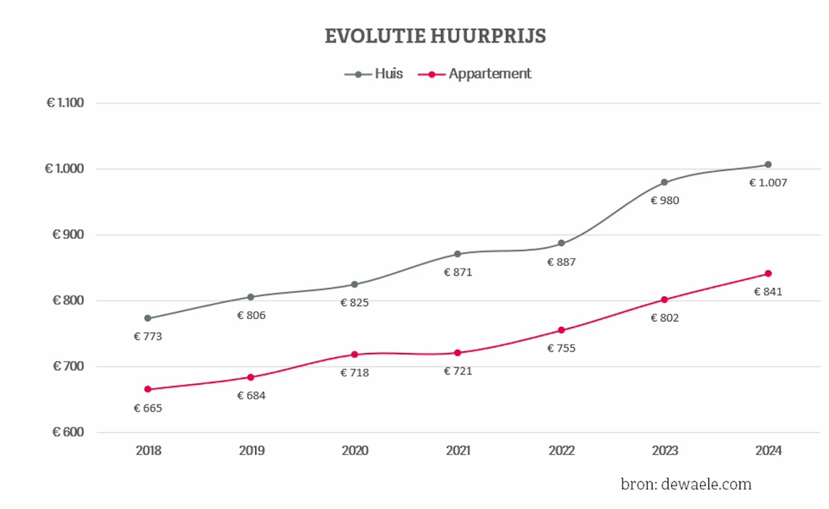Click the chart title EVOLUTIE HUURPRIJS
[435, 36]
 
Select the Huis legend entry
[374, 74]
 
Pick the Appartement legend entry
[475, 74]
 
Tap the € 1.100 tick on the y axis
[65, 103]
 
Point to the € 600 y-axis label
[68, 432]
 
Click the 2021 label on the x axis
[458, 450]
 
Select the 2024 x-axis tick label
[768, 450]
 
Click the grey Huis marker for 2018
[148, 318]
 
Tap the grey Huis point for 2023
[664, 183]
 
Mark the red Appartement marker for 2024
[768, 274]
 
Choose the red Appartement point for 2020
[354, 355]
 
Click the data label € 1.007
[768, 183]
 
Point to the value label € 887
[561, 262]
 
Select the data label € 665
[148, 408]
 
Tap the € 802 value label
[664, 318]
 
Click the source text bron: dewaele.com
[686, 484]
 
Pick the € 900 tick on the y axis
[68, 234]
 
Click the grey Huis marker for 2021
[458, 254]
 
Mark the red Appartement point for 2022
[561, 330]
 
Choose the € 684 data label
[251, 396]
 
